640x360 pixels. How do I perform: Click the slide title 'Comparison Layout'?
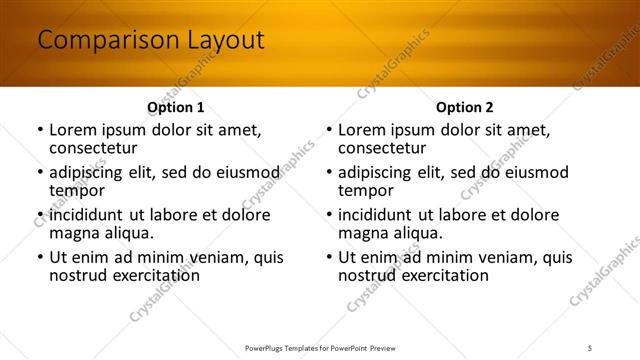tap(150, 41)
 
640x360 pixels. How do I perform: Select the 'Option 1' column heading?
tap(175, 107)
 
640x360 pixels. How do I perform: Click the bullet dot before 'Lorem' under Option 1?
tap(39, 130)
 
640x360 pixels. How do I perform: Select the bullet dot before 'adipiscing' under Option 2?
tap(328, 173)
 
